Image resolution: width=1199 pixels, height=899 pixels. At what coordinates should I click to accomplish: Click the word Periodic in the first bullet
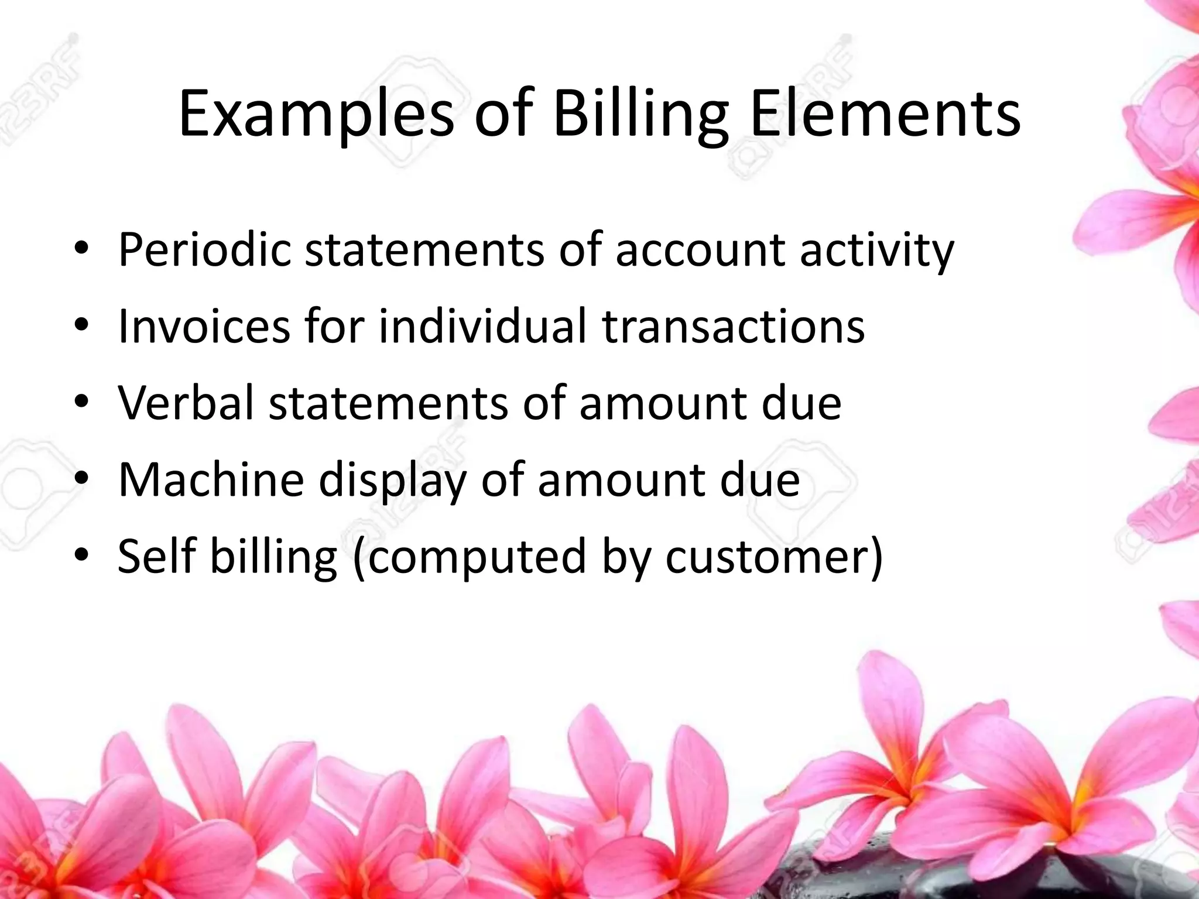tap(204, 250)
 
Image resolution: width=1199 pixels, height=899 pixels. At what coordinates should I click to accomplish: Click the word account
tap(700, 250)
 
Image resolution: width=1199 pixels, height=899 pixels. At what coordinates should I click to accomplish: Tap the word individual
tap(482, 326)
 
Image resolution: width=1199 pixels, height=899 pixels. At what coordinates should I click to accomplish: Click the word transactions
tap(733, 326)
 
